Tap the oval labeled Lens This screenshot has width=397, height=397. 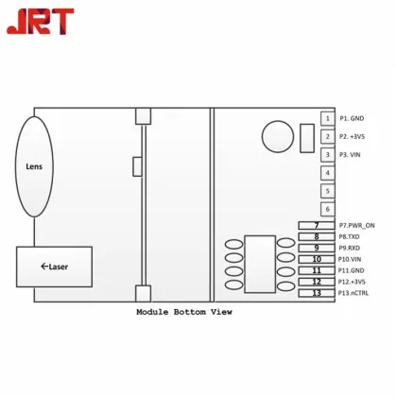[x=34, y=167]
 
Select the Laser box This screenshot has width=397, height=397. [x=55, y=267]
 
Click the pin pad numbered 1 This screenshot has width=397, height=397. [x=327, y=118]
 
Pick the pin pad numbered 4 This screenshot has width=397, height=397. [x=327, y=173]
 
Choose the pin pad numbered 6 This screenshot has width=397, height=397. [x=327, y=209]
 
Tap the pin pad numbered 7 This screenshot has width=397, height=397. [x=317, y=225]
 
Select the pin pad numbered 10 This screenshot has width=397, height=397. [x=317, y=259]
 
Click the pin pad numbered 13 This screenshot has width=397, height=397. [x=317, y=293]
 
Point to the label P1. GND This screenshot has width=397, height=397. [x=352, y=119]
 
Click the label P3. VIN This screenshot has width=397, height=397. [x=351, y=155]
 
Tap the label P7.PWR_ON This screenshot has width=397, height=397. [x=356, y=225]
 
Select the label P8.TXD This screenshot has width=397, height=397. [x=350, y=236]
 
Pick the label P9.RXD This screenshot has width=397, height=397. [x=351, y=248]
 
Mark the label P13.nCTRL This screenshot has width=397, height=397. [x=354, y=293]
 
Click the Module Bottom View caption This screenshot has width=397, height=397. [x=183, y=312]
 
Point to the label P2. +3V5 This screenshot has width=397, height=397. [x=353, y=137]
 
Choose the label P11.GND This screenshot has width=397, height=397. [x=352, y=270]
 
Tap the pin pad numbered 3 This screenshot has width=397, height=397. [x=327, y=155]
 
